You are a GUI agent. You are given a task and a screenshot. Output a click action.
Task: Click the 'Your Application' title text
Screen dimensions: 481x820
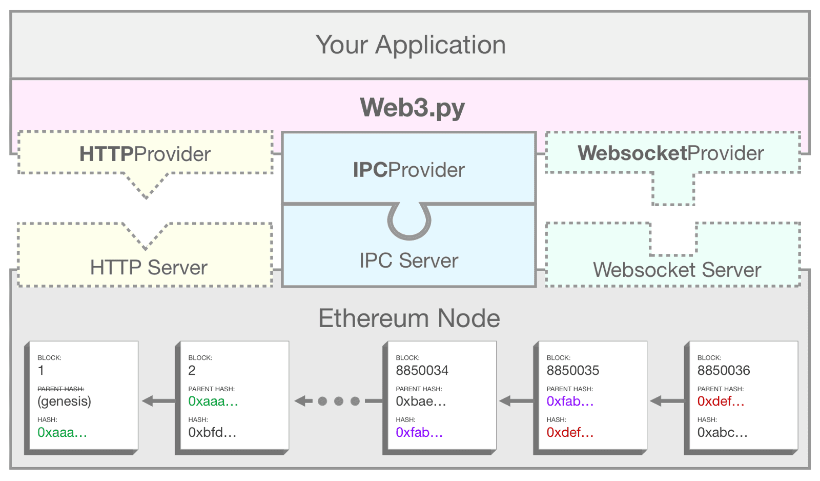point(411,45)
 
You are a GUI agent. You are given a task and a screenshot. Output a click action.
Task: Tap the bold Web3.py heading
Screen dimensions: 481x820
point(412,108)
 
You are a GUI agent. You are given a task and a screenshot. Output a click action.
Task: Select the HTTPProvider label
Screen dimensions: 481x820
point(145,154)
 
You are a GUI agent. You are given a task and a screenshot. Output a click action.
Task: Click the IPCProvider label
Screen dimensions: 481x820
point(408,170)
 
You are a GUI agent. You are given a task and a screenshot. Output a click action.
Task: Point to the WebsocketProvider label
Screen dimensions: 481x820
point(670,153)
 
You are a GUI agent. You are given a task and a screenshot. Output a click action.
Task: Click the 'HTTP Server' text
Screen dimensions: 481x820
point(149,267)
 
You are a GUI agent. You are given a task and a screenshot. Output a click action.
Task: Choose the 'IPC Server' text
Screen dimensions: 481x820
point(408,260)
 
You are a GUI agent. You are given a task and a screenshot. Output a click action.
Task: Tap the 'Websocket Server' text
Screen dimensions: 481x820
point(676,270)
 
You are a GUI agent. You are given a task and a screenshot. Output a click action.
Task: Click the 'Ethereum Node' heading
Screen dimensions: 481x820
point(409,318)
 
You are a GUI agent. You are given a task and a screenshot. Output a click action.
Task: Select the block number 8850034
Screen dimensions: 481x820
point(422,370)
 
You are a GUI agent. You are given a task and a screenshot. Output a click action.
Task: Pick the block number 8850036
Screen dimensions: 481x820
point(723,370)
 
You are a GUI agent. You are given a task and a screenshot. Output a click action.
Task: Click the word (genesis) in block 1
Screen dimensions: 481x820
point(64,401)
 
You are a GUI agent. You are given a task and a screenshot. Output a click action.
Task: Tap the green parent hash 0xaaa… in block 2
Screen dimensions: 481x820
point(213,401)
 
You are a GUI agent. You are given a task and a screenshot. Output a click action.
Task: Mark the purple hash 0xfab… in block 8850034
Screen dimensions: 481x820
point(419,432)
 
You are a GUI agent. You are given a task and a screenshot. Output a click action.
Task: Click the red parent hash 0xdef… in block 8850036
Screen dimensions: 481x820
point(720,401)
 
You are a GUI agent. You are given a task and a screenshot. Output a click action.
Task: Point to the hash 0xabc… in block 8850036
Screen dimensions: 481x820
point(722,432)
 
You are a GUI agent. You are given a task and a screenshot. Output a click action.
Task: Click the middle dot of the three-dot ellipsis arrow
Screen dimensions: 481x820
point(338,401)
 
